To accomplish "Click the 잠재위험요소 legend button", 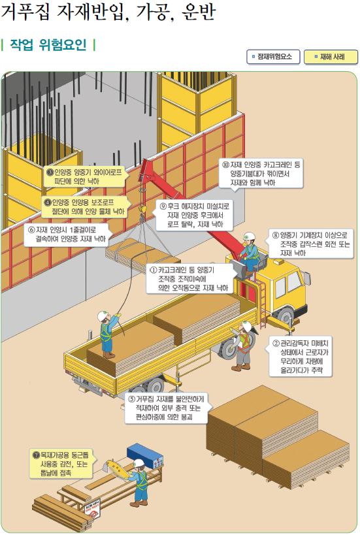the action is point(273,57).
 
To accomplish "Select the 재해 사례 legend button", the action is point(331,57).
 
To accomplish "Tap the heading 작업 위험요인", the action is point(48,44).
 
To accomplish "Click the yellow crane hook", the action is point(142,209).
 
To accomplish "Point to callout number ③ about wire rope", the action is point(84,177).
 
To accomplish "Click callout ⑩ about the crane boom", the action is point(261,174).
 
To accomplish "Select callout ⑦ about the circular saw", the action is point(61,464).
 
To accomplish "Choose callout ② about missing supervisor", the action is point(301,357).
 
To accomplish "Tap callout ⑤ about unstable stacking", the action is point(167,408).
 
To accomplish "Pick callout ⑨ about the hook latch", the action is point(195,216).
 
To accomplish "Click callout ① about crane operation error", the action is point(189,279).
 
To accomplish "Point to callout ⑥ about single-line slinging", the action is point(67,235).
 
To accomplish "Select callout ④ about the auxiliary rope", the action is point(84,207).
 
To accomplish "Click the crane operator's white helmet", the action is point(250,236).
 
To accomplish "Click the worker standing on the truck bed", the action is point(108,334).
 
